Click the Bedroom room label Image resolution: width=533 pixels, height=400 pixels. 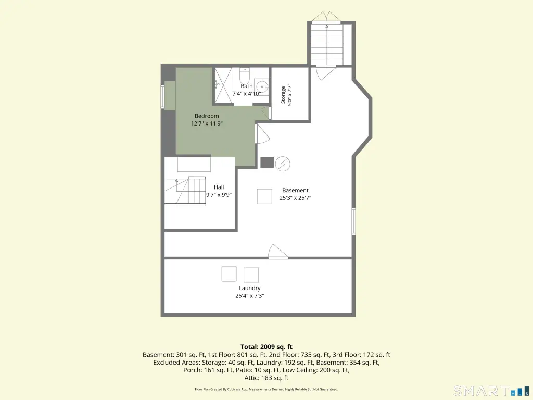coord(207,116)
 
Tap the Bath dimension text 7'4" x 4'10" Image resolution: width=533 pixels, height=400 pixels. coord(246,94)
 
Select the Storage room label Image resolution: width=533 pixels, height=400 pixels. coord(283,95)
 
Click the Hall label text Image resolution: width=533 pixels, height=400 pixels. coord(219,187)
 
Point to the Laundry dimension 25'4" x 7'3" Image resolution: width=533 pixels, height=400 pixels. coord(250,296)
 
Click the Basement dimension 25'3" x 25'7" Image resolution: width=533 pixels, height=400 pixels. coord(296,198)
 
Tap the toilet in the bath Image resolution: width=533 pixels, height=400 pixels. coord(245,75)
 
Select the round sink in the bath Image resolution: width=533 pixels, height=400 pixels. coord(262,87)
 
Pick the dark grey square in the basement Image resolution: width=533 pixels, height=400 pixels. coord(267,162)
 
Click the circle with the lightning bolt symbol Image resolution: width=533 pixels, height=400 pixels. coord(283,164)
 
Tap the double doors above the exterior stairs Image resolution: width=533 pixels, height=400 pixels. coord(327,16)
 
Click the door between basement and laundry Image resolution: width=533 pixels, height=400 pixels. coord(278,252)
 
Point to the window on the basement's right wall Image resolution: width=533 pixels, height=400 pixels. coord(353,221)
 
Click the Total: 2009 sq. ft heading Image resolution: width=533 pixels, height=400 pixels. coord(266,347)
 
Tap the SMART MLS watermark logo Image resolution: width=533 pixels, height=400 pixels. coord(492,391)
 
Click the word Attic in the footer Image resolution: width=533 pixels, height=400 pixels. coord(252,378)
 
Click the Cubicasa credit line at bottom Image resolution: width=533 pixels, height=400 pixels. coord(266,389)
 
